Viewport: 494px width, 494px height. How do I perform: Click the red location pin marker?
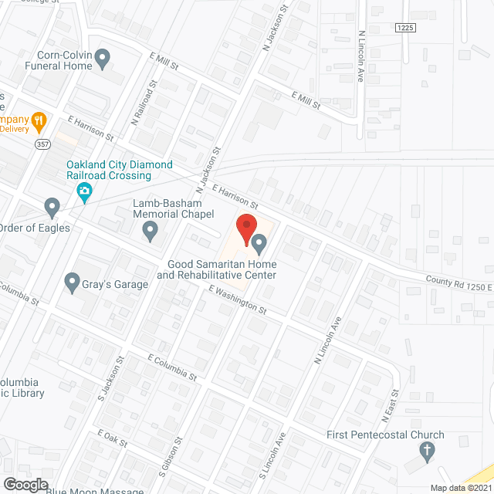[x=245, y=230]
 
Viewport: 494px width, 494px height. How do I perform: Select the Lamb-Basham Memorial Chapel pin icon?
[x=151, y=229]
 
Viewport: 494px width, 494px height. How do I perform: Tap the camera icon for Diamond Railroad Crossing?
[x=85, y=191]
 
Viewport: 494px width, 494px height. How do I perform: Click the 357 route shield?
[x=42, y=144]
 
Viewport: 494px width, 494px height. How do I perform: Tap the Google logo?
[x=25, y=484]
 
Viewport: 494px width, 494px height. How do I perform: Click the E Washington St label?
[x=238, y=299]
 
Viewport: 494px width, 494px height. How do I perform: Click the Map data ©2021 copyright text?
[x=460, y=487]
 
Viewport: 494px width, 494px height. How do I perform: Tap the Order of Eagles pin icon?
[x=52, y=207]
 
